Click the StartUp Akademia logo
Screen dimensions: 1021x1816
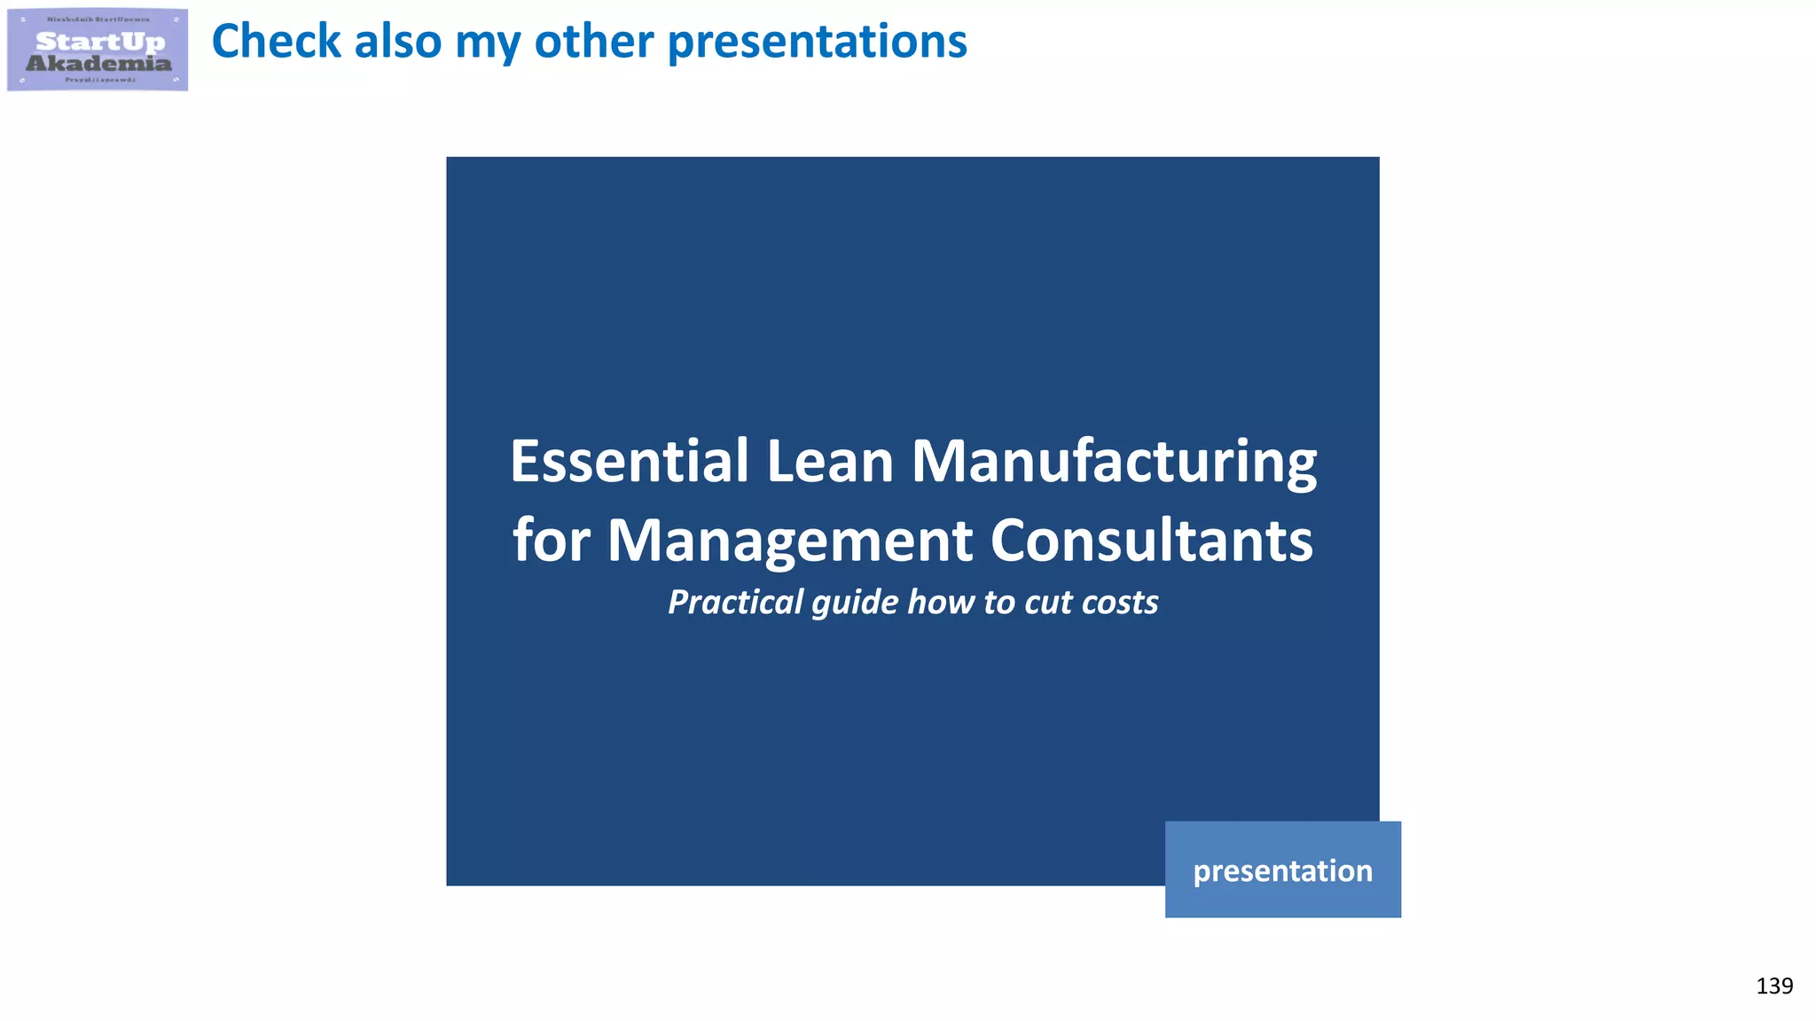click(x=98, y=50)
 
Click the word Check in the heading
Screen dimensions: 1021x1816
click(x=276, y=42)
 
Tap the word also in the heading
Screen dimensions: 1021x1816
click(x=397, y=42)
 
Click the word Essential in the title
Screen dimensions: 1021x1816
click(x=630, y=462)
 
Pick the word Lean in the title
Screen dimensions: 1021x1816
click(x=829, y=462)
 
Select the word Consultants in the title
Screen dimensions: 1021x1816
click(x=1151, y=541)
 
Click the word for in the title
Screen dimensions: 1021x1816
click(x=551, y=541)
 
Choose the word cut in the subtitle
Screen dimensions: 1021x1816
click(x=1048, y=603)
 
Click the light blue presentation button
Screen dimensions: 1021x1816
click(x=1282, y=870)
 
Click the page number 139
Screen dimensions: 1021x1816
click(x=1773, y=986)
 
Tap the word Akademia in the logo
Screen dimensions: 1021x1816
click(x=98, y=63)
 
